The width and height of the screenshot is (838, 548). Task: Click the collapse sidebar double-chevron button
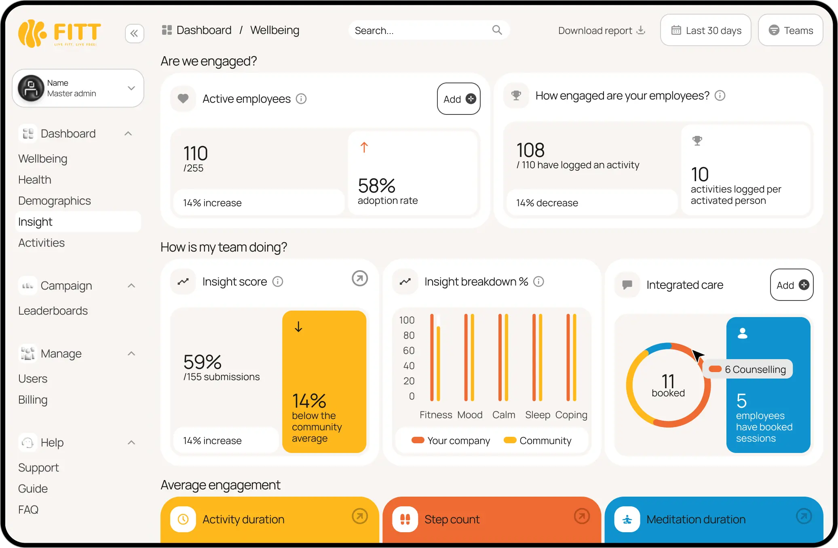click(134, 34)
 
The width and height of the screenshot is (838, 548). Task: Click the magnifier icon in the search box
click(497, 30)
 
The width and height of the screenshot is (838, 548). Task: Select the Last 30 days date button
click(706, 30)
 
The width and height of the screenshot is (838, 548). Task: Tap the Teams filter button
click(790, 30)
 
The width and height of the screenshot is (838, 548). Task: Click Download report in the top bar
click(601, 30)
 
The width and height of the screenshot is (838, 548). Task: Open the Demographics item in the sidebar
click(55, 201)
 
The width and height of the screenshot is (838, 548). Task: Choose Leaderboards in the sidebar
click(53, 311)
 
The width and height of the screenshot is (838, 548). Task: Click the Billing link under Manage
click(33, 400)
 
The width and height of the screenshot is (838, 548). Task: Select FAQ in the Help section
click(28, 510)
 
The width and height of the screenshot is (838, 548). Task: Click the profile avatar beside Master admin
click(31, 88)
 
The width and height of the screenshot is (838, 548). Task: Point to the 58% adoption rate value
click(376, 186)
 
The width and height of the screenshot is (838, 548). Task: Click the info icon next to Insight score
click(278, 281)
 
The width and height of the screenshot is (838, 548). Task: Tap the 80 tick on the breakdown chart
click(409, 335)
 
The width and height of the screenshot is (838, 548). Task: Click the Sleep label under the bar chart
click(537, 415)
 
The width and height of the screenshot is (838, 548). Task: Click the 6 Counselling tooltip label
click(755, 369)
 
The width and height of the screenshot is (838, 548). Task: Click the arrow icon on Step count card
click(582, 516)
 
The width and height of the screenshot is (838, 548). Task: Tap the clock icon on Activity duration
click(183, 519)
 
